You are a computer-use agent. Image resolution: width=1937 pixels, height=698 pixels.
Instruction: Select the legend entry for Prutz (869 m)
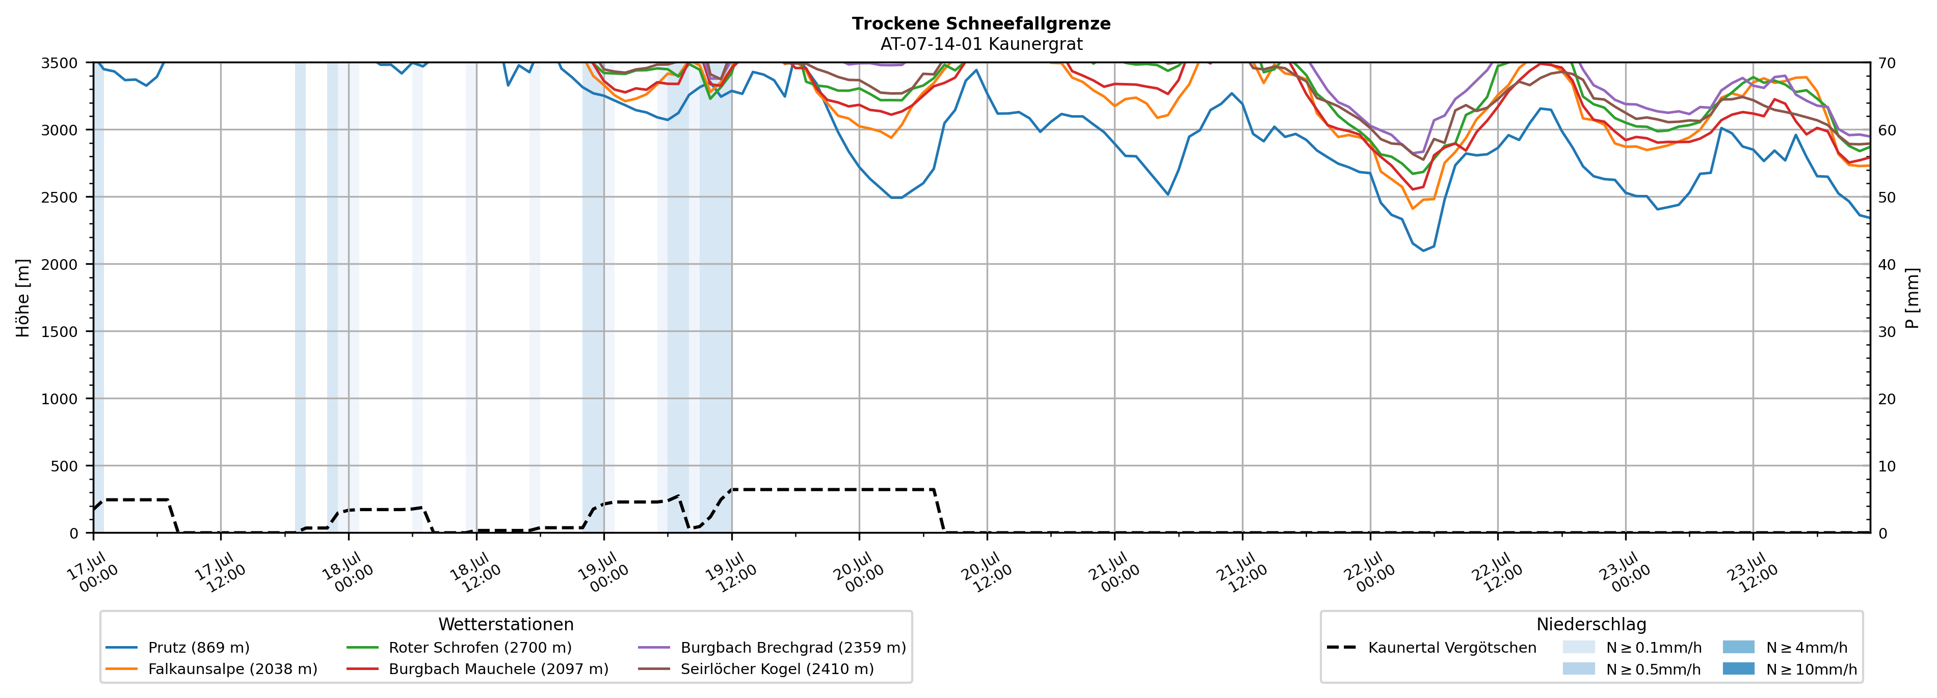(177, 648)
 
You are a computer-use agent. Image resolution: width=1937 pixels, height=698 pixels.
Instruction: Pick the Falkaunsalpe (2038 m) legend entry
(211, 668)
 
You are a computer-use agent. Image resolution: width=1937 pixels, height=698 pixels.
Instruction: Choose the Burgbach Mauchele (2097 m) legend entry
(477, 668)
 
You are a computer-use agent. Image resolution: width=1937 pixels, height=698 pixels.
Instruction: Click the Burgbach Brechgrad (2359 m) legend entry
(772, 648)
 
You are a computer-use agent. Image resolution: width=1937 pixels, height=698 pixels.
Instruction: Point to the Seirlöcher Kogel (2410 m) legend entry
(756, 668)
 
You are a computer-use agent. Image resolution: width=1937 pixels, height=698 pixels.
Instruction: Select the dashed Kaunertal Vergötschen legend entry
(1431, 648)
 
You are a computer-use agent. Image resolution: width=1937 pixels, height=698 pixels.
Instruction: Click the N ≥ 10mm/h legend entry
(1790, 668)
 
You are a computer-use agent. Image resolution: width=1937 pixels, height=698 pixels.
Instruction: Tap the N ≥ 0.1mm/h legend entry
(1632, 648)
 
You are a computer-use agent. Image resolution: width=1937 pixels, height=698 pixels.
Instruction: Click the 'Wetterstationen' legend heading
(506, 624)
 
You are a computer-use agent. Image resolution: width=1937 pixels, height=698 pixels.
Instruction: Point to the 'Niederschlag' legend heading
(1591, 624)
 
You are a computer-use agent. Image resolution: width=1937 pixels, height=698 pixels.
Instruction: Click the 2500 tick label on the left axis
(59, 198)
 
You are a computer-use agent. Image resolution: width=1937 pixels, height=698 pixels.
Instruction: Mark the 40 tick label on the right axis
(1887, 264)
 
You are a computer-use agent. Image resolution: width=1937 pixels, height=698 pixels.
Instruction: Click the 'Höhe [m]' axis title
(23, 297)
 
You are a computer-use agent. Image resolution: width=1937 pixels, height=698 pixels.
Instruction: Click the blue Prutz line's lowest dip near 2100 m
(1423, 250)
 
